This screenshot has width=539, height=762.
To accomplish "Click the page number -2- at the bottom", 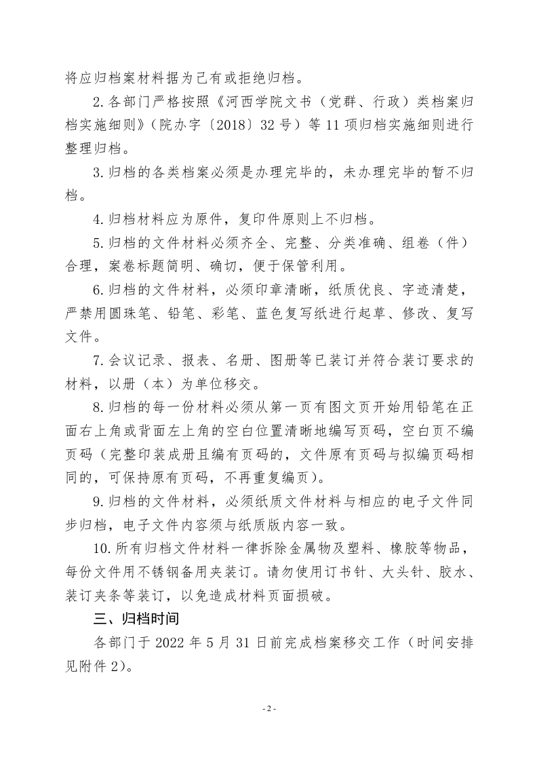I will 269,708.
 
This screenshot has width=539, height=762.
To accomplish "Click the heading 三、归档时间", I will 135,620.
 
